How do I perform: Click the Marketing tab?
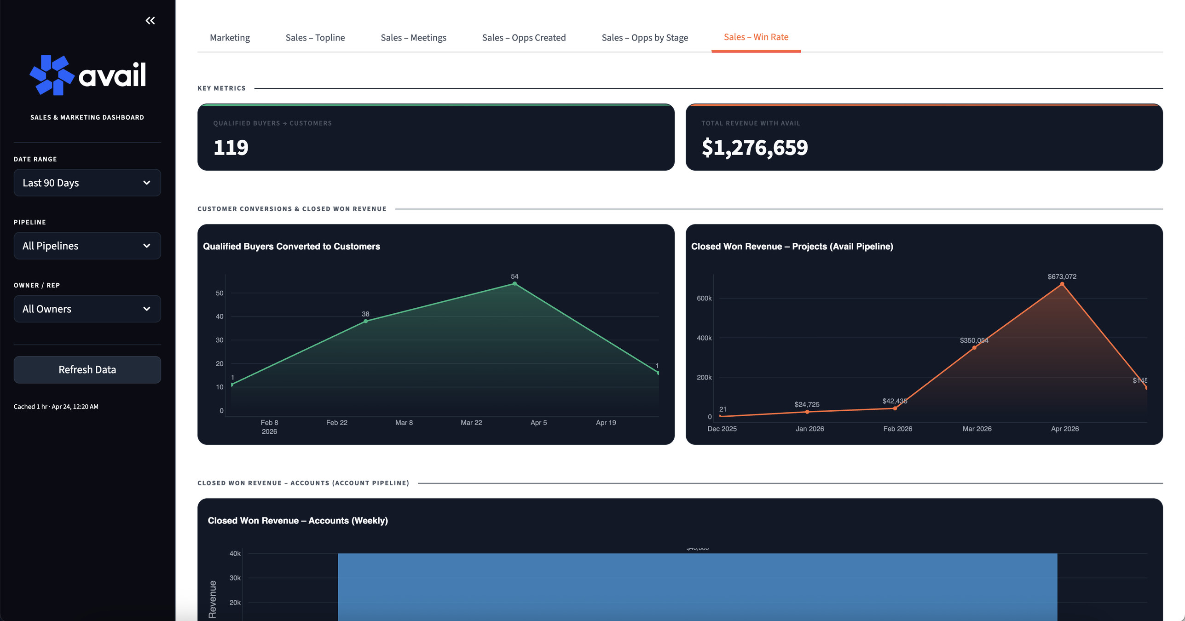pos(230,38)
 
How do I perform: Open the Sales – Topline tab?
pos(315,38)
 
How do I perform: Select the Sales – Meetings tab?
pos(413,38)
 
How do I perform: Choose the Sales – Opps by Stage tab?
pos(644,38)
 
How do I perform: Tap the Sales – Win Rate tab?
pos(756,37)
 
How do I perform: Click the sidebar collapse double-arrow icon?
pos(150,21)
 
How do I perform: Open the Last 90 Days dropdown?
pos(87,183)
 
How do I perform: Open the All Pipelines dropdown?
pos(87,246)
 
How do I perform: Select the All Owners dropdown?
pos(87,309)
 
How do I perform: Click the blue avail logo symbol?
pos(52,75)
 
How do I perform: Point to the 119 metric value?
pos(231,148)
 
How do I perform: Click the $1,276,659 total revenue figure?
pos(754,148)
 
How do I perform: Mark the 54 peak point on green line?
pos(514,284)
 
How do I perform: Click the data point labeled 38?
pos(365,321)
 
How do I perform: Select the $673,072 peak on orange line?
pos(1062,284)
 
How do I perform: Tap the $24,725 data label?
pos(806,404)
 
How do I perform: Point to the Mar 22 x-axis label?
pos(471,422)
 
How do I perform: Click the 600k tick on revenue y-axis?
pos(704,298)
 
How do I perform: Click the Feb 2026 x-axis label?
pos(897,429)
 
